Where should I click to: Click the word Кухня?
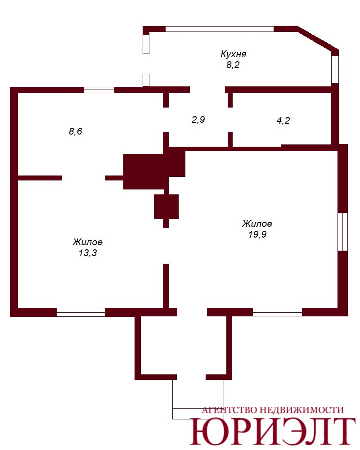pos(234,54)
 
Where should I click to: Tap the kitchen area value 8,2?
pos(233,65)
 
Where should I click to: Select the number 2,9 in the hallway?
pos(198,119)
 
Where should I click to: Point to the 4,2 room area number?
pos(283,121)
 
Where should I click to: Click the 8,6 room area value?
pos(76,131)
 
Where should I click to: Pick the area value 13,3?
pos(88,253)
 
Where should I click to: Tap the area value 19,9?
pos(257,234)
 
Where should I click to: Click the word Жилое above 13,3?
pos(88,242)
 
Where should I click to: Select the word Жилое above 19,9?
pos(257,224)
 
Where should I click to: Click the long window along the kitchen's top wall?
pos(220,29)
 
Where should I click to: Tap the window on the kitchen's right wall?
pos(335,70)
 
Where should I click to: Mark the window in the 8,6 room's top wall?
pos(99,90)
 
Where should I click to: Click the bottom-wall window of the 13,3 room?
pos(81,312)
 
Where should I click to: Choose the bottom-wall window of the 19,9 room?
pos(277,312)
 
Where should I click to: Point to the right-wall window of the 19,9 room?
pos(343,232)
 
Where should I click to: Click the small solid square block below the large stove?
pos(166,207)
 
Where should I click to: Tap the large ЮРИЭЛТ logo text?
pos(273,431)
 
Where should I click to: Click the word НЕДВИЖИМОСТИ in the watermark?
pos(301,410)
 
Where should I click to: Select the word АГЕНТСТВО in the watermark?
pos(229,410)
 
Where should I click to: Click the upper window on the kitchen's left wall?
pos(146,44)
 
